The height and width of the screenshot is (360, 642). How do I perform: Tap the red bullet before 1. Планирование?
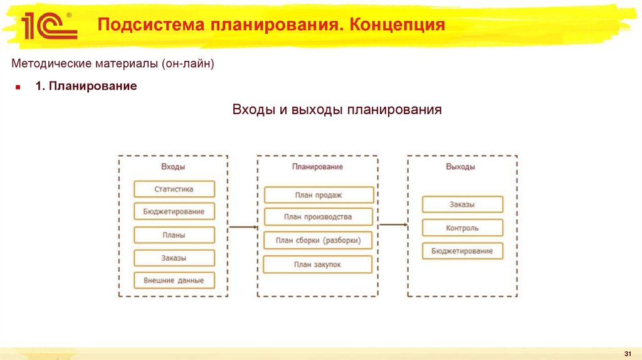[18, 87]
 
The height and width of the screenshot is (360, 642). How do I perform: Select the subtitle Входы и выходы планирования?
[337, 110]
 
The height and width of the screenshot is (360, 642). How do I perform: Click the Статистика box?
[174, 189]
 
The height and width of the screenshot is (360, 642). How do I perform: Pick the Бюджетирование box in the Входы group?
[174, 212]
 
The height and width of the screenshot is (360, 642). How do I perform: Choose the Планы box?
[174, 235]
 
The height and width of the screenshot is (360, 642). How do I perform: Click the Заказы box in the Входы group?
[174, 258]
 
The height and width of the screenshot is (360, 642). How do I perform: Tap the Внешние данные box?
[174, 280]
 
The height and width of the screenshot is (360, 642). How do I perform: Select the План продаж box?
[318, 195]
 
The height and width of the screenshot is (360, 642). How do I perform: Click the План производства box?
[318, 217]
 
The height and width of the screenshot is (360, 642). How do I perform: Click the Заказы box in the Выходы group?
[462, 204]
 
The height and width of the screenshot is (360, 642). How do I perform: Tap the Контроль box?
[462, 228]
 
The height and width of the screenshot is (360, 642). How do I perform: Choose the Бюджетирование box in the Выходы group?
[462, 251]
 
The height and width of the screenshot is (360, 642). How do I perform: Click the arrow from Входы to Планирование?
[243, 227]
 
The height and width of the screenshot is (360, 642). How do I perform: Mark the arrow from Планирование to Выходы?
[393, 224]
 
